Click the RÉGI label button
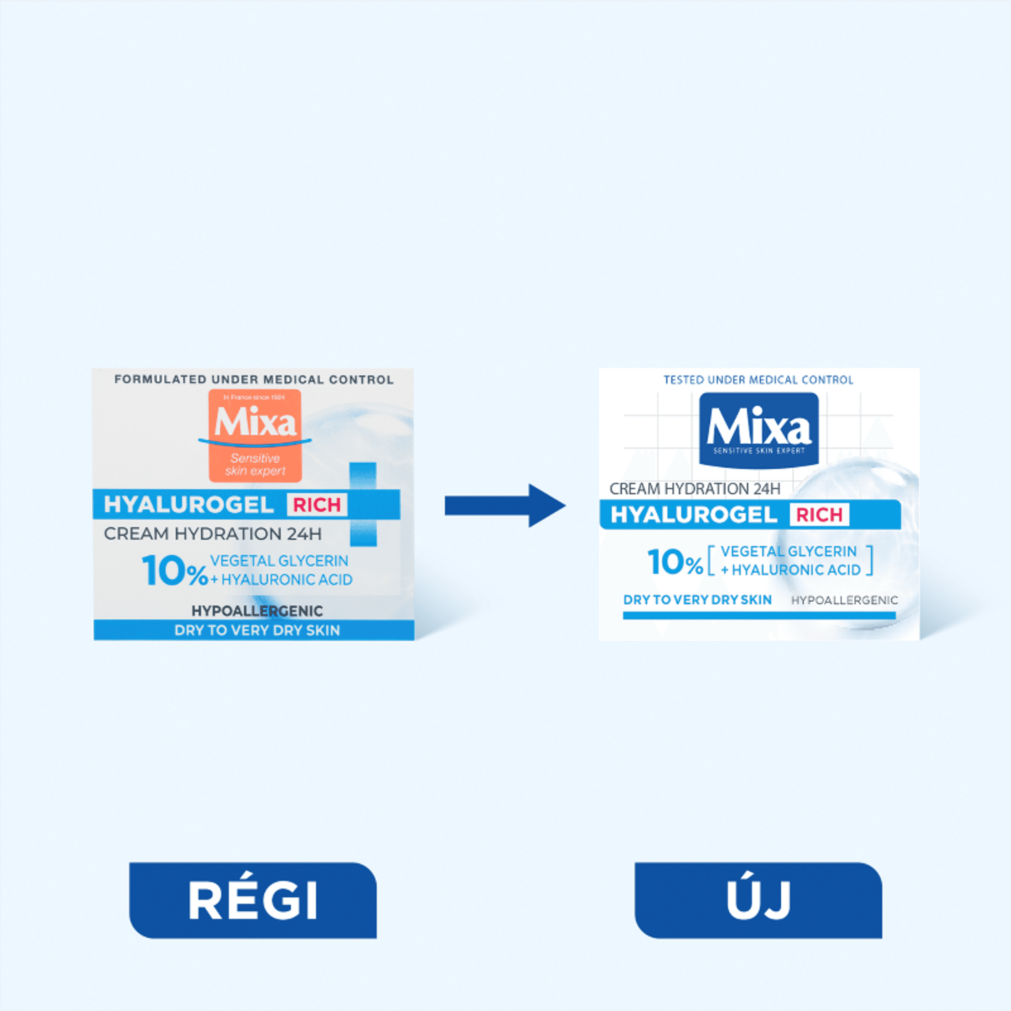(x=253, y=900)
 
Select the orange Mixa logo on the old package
(x=255, y=435)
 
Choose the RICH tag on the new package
(x=820, y=515)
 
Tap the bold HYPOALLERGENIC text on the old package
(x=257, y=611)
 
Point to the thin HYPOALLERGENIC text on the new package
(x=844, y=600)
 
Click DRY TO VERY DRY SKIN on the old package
(x=257, y=630)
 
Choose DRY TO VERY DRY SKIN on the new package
(x=697, y=600)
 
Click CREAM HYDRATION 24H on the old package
(x=212, y=534)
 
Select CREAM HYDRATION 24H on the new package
(x=695, y=489)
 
